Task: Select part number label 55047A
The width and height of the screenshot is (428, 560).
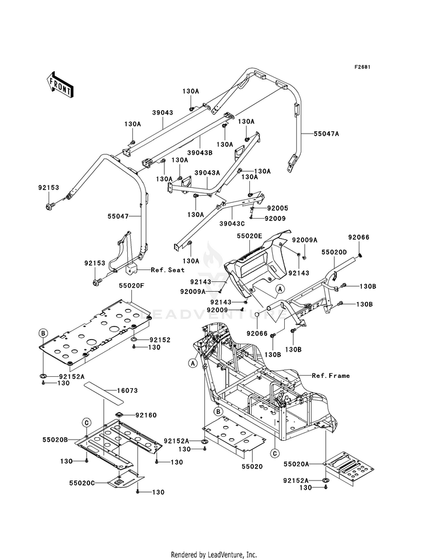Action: point(326,134)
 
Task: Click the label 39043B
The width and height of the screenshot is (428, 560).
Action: point(200,152)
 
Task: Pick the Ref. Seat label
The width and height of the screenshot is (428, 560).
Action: point(168,269)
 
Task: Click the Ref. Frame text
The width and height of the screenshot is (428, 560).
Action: point(330,376)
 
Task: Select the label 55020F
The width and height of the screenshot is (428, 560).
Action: point(131,286)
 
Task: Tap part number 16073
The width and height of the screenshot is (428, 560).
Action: point(127,390)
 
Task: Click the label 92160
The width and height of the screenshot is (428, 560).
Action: point(146,416)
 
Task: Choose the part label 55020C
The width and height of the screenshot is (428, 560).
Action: point(82,482)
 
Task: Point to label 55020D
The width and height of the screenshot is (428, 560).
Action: point(334,252)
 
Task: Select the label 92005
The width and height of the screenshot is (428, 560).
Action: point(277,208)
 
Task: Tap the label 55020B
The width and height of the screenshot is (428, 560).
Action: point(55,440)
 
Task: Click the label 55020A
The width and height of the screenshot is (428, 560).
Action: point(296,464)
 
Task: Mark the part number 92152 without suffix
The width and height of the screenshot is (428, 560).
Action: point(160,340)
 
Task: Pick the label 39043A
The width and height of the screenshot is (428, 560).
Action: point(207,172)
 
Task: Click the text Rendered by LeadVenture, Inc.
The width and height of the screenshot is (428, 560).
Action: point(214,555)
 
